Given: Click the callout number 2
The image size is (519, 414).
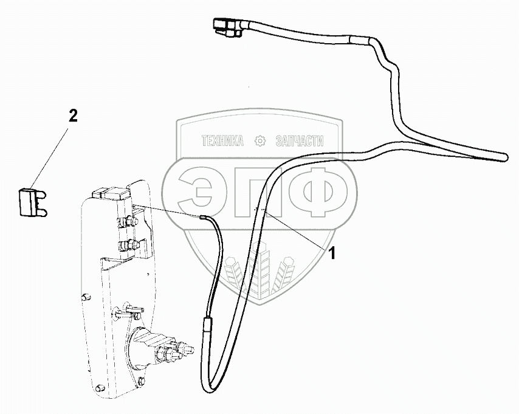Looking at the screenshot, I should coord(73,117).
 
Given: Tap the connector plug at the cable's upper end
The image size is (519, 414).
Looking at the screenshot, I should coord(224,26).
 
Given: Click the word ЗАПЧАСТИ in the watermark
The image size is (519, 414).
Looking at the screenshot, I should coord(300,141).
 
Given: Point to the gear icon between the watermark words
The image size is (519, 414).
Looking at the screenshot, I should coord(260,141).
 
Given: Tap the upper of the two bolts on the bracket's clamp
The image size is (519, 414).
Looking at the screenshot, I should coord(129,221).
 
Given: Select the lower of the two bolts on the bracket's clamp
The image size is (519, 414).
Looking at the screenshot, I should coord(128,246).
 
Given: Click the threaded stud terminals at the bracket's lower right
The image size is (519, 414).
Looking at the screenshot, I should coord(176,351).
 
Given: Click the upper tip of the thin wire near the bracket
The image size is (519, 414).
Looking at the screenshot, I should coord(204,216).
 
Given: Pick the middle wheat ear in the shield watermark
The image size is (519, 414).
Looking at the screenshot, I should coord(253,274).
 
